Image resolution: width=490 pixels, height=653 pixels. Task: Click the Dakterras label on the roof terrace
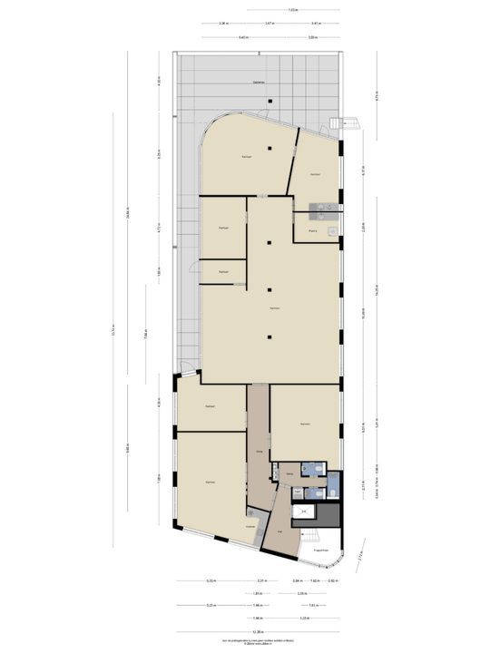258,82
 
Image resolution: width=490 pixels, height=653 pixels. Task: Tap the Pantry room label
311,231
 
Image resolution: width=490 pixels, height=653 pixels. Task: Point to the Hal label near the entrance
280,532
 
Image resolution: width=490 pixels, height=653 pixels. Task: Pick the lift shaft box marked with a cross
303,512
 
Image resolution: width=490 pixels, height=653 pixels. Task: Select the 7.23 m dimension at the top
291,10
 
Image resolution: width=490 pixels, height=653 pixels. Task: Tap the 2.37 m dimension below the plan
261,581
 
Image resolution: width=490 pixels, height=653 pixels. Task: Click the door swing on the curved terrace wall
264,114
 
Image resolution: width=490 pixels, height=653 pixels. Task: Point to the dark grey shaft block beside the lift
331,515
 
